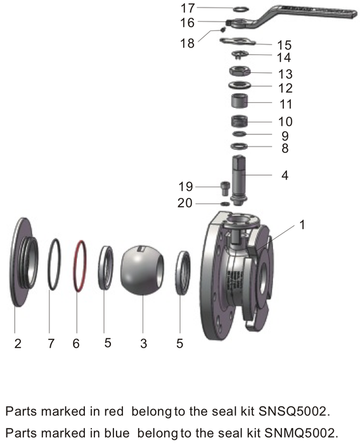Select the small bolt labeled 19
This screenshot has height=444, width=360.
[223, 188]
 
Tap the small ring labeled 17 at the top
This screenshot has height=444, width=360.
[241, 10]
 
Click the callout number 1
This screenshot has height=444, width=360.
[302, 225]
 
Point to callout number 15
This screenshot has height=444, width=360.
[284, 45]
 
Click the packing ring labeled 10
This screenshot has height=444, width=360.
[240, 121]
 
